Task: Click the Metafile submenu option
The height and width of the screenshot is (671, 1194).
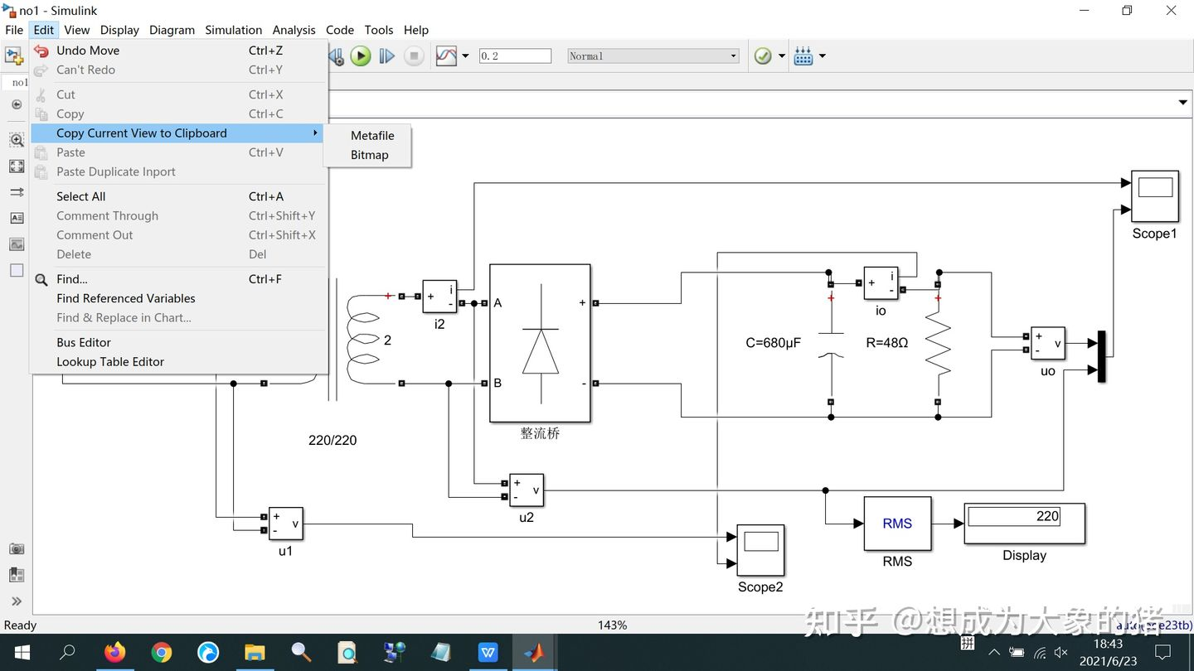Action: [372, 136]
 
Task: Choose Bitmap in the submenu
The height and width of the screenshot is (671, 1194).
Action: [369, 155]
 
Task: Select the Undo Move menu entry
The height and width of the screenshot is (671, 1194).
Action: [88, 51]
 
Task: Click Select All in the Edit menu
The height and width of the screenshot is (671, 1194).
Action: [80, 196]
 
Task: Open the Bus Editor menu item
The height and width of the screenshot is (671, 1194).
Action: [83, 342]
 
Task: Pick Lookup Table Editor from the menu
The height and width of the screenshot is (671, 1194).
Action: [109, 362]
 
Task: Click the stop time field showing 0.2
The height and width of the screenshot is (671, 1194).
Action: [515, 56]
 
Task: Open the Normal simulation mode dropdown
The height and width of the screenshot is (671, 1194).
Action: [653, 56]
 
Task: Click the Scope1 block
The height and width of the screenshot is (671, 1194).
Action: [1154, 196]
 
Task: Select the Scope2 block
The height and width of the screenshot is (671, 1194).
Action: [760, 550]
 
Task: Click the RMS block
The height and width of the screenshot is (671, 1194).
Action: [897, 524]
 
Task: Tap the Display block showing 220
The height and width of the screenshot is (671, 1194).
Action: [1024, 524]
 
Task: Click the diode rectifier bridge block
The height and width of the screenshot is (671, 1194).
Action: [540, 343]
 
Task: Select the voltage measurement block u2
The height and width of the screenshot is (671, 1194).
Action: [526, 490]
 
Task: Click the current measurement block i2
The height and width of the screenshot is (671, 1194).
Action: [439, 297]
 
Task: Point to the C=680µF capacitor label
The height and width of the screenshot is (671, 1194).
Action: [773, 343]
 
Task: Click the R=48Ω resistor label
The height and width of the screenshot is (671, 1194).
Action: [886, 343]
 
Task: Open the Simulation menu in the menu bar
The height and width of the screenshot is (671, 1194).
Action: [233, 30]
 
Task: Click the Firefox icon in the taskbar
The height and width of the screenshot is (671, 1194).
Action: [114, 653]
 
